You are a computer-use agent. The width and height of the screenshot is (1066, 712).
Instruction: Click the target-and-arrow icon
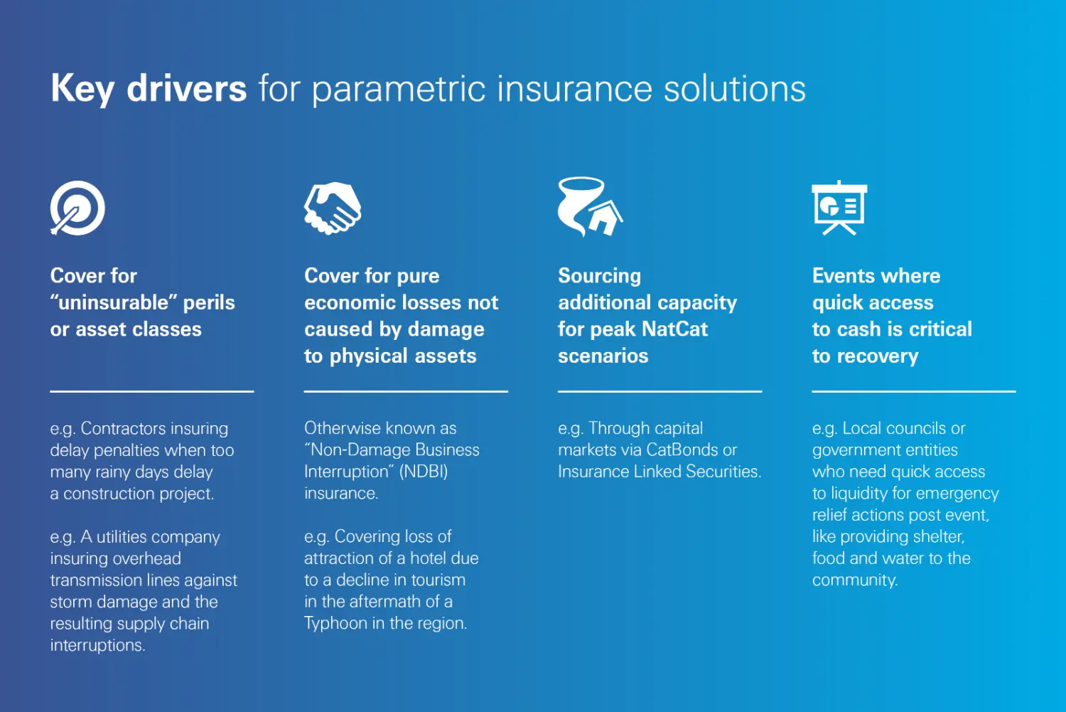click(77, 208)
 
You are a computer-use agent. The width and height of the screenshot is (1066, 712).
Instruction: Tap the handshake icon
click(332, 208)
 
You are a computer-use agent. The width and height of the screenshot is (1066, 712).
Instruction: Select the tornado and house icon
click(589, 206)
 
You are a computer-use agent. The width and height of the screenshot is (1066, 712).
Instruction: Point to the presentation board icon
click(839, 208)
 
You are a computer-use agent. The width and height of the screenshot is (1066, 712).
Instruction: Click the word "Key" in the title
click(82, 90)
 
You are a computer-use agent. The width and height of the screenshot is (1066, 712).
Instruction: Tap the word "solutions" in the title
click(735, 90)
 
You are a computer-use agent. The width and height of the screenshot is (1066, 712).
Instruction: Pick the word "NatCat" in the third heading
click(673, 329)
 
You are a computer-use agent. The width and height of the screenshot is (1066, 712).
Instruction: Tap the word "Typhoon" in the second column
click(335, 624)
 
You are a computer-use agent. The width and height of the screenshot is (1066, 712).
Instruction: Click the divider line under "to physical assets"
click(406, 391)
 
